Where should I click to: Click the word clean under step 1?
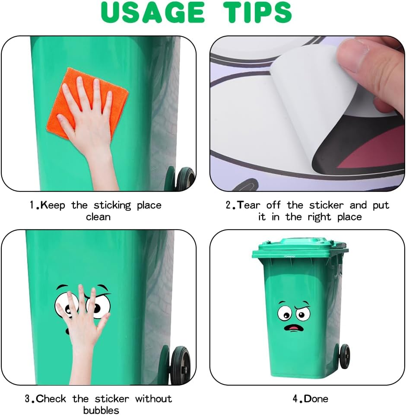click(x=98, y=217)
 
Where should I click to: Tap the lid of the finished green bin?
click(x=300, y=249)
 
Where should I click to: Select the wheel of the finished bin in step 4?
click(x=344, y=357)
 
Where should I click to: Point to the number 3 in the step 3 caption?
click(x=27, y=399)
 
